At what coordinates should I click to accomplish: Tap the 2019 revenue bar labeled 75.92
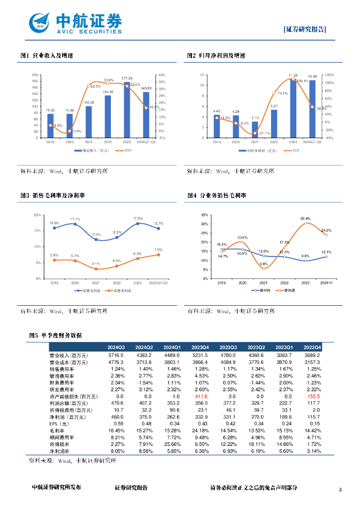50,126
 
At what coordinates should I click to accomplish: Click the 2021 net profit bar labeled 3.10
255,129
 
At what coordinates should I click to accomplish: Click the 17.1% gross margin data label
75,219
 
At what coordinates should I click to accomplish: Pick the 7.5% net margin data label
159,250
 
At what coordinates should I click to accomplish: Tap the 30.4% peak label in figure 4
305,218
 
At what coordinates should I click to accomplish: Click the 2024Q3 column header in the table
116,347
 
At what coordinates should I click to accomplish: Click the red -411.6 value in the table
200,397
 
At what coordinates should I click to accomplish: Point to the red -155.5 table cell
313,397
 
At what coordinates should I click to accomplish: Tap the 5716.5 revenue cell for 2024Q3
116,355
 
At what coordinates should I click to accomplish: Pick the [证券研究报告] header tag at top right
305,29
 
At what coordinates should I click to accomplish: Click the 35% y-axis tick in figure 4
205,215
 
